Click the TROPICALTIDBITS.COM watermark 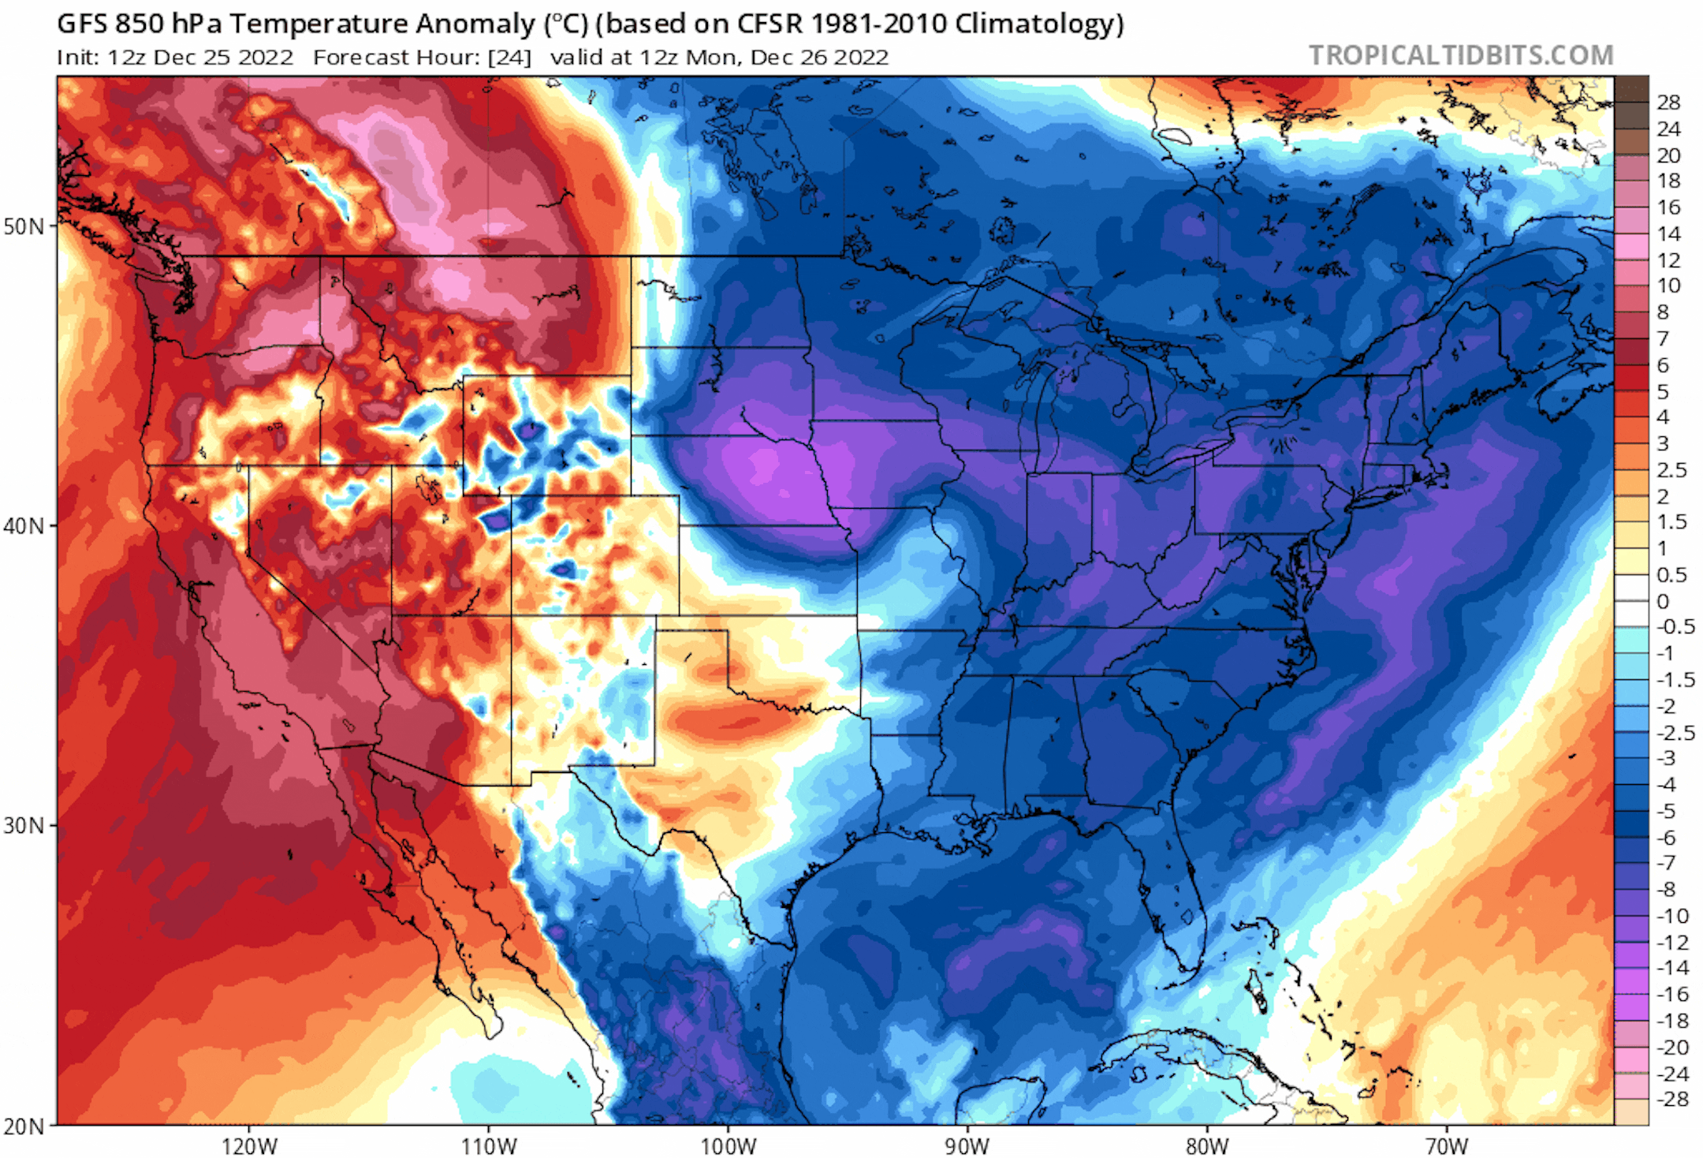pos(1461,55)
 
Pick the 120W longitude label pos(249,1145)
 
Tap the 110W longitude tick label pos(489,1145)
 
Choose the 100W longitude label pos(728,1145)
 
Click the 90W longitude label pos(967,1145)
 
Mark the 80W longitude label pos(1207,1145)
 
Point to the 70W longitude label pos(1447,1145)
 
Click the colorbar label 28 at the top pos(1668,102)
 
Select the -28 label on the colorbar pos(1671,1099)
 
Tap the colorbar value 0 pos(1663,601)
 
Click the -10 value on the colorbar pos(1671,916)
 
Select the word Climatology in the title pos(1038,24)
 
